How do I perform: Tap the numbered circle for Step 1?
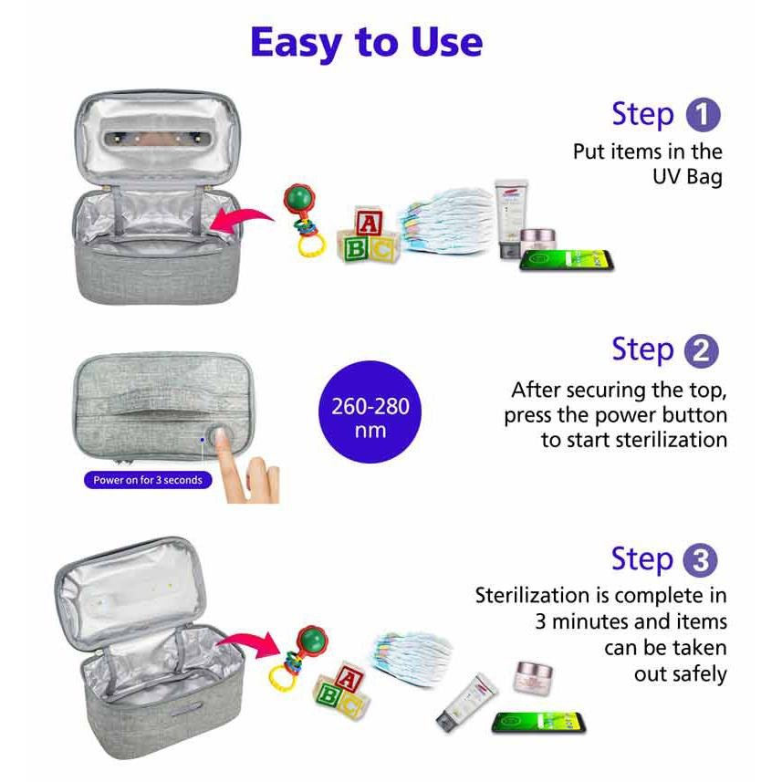point(704,115)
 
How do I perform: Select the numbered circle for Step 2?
point(701,351)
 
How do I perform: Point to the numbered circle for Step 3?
point(700,560)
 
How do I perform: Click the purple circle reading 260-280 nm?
point(370,412)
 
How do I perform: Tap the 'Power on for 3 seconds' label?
point(148,480)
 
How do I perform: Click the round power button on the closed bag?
point(219,437)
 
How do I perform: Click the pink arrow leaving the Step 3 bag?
point(248,644)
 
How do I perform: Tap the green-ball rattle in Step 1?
point(303,219)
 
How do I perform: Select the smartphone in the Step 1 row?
point(566,261)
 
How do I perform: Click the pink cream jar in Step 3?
point(533,677)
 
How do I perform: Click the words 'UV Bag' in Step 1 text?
point(687,177)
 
